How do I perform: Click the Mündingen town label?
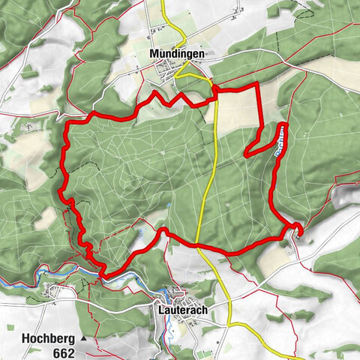(177, 55)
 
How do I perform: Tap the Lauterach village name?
(183, 307)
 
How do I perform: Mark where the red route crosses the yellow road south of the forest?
(196, 244)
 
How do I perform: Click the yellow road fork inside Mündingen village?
(180, 75)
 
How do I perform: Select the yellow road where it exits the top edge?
(163, 2)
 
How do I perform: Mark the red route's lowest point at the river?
(104, 276)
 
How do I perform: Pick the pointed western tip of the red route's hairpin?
(246, 154)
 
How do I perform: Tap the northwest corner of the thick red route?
(67, 123)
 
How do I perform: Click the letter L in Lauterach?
(161, 307)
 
